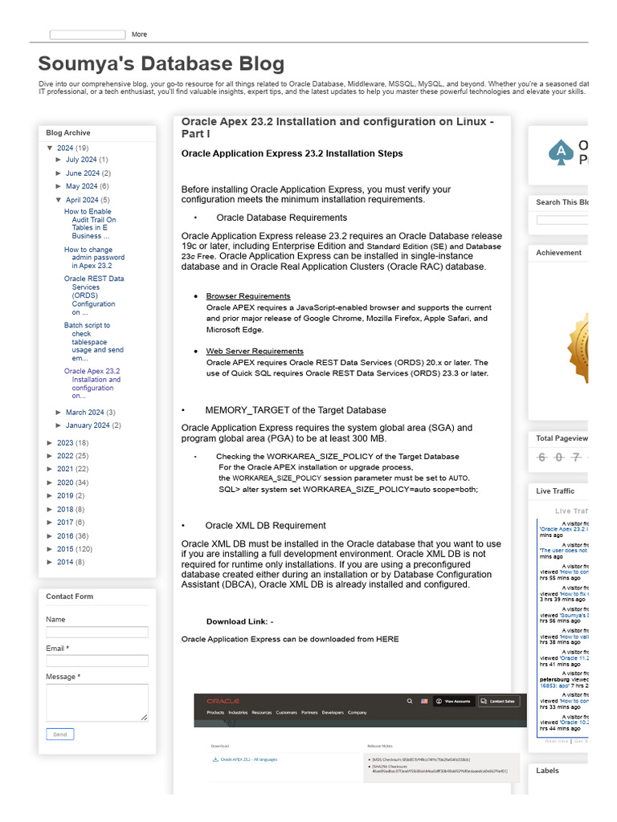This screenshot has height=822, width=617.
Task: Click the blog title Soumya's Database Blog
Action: [x=161, y=64]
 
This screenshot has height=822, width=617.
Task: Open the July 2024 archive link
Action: [x=81, y=160]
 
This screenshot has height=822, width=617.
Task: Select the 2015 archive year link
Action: [x=65, y=549]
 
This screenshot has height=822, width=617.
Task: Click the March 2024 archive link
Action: [x=84, y=413]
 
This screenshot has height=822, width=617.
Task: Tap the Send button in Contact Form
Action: [x=60, y=734]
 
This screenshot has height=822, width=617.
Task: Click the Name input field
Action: [x=97, y=633]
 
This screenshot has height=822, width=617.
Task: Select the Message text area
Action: [x=97, y=702]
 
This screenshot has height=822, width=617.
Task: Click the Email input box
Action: [x=97, y=661]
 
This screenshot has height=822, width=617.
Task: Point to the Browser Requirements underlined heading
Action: [x=248, y=296]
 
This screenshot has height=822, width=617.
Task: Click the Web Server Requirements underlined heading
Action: [x=255, y=352]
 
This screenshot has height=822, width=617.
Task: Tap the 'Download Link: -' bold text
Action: [x=239, y=622]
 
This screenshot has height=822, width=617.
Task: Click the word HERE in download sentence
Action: [x=387, y=640]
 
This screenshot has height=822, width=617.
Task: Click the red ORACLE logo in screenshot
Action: [x=223, y=701]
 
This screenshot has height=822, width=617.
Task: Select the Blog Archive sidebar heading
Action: [x=68, y=133]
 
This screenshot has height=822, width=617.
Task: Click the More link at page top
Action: [x=139, y=35]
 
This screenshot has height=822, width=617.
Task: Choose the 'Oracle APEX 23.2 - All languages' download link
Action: [x=248, y=759]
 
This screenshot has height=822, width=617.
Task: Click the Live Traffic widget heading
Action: [x=555, y=491]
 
